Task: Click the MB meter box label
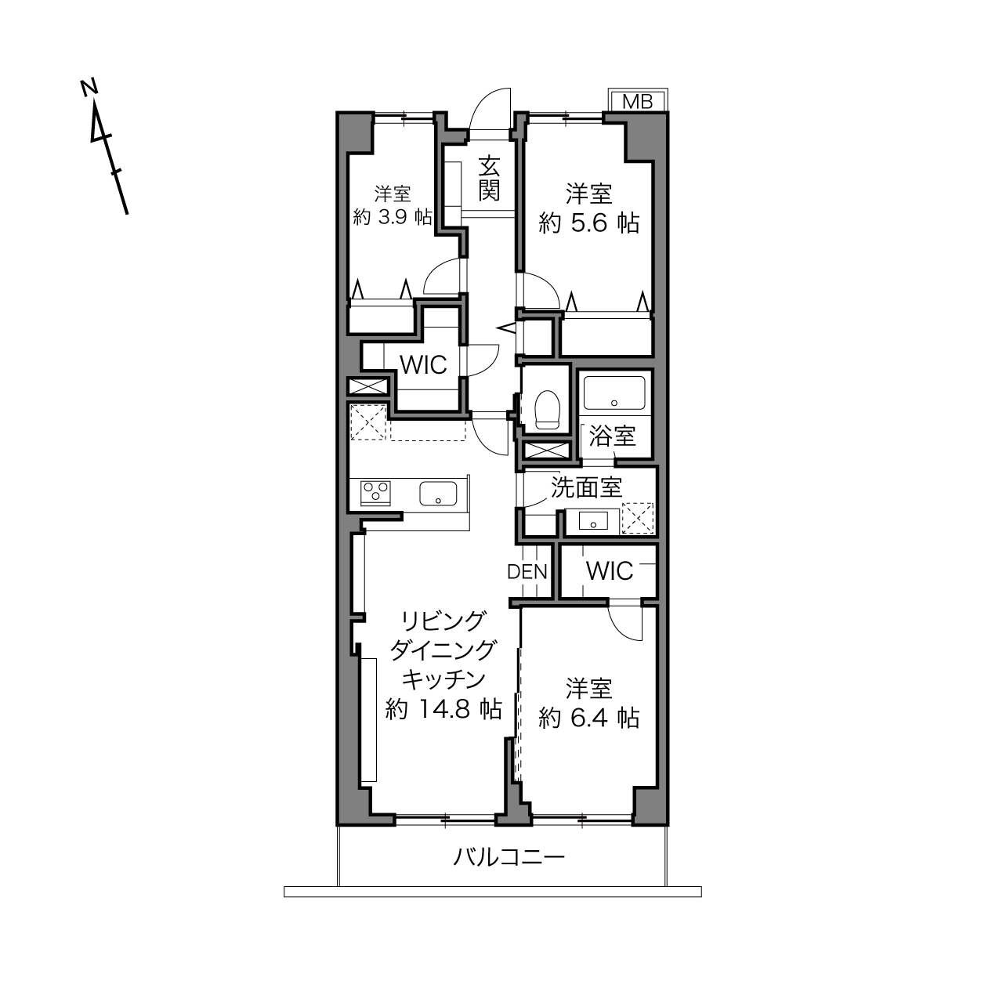click(x=637, y=102)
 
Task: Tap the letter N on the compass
click(x=89, y=87)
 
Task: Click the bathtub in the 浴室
click(x=614, y=393)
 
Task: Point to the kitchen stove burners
click(x=375, y=493)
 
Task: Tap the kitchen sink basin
click(x=438, y=494)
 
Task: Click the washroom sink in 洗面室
click(x=593, y=521)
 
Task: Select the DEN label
click(x=527, y=572)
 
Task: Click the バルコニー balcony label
click(x=509, y=856)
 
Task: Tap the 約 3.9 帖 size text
click(x=393, y=217)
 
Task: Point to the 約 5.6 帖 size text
click(x=589, y=223)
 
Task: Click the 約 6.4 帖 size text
click(x=589, y=718)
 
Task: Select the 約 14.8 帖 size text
click(x=443, y=708)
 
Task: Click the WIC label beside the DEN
click(x=610, y=571)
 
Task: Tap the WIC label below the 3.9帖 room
click(x=424, y=364)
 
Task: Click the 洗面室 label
click(x=586, y=487)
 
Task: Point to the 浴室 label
click(x=613, y=436)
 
